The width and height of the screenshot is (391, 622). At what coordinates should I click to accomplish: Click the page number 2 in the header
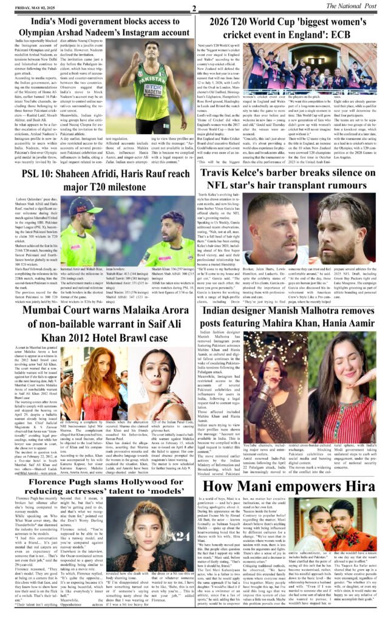coord(192,8)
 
